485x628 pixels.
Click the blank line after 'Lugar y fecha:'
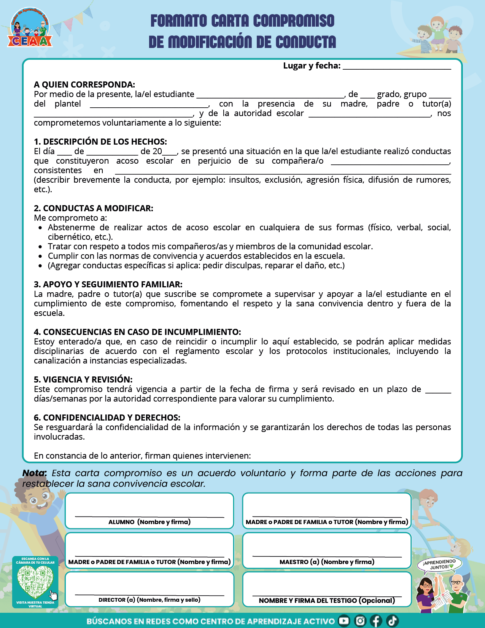coord(397,67)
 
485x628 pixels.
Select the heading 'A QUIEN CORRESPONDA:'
coord(84,84)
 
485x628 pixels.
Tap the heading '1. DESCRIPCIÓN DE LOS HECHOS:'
coord(100,142)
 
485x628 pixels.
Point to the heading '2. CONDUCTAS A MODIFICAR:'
coord(94,208)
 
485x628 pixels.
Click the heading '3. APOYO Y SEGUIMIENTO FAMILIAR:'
coord(108,284)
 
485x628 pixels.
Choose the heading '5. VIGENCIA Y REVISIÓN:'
coord(83,379)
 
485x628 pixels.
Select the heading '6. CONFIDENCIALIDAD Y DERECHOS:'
coord(107,418)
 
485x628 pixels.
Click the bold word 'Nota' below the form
coord(34,473)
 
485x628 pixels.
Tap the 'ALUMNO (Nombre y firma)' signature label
coord(149,522)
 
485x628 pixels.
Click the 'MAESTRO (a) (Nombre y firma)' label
coord(327,562)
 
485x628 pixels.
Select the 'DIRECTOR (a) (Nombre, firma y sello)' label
coord(149,600)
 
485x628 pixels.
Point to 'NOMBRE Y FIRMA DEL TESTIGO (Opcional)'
coord(327,601)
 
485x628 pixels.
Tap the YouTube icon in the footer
coord(344,621)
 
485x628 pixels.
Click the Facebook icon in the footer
coord(376,621)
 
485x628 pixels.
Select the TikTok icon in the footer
coord(392,621)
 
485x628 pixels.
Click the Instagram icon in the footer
coord(360,621)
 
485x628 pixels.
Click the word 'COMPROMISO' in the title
coord(294,21)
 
